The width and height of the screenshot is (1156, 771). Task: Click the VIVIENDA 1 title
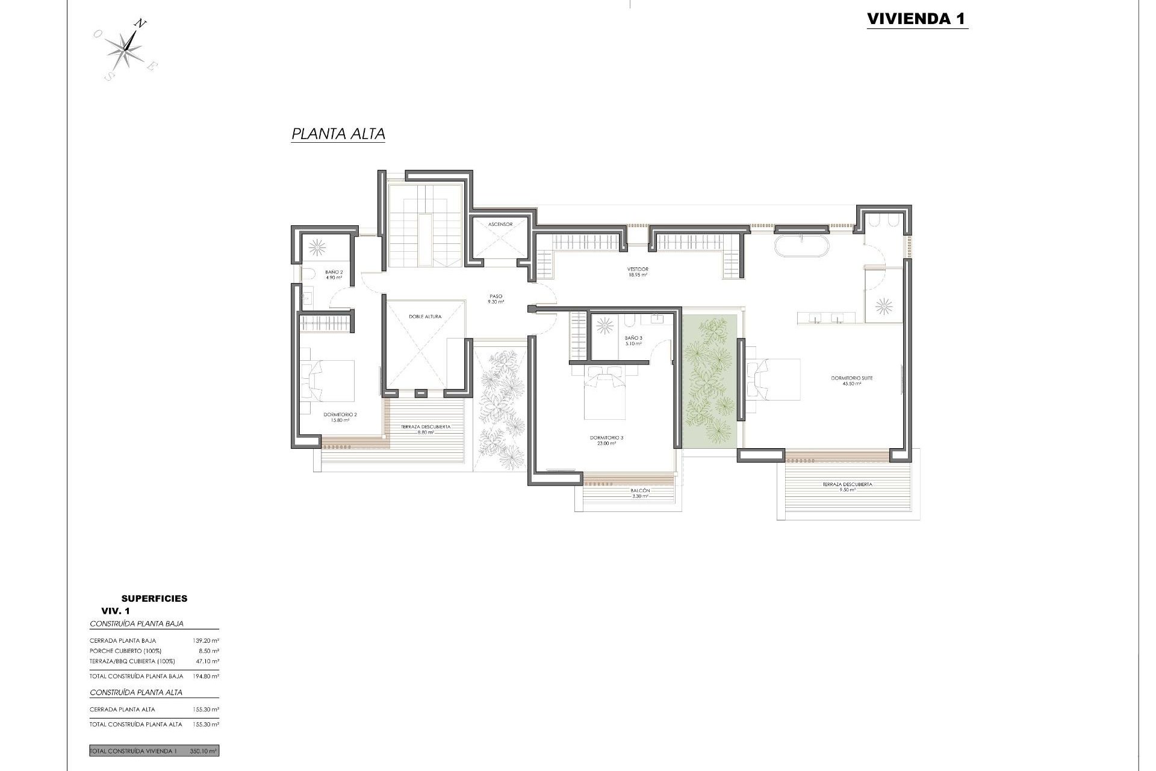916,19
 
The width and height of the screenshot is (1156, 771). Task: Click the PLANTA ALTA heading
338,134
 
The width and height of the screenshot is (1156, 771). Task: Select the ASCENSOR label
500,224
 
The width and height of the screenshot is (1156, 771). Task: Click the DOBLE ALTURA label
425,316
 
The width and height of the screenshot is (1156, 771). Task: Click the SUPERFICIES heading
154,598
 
